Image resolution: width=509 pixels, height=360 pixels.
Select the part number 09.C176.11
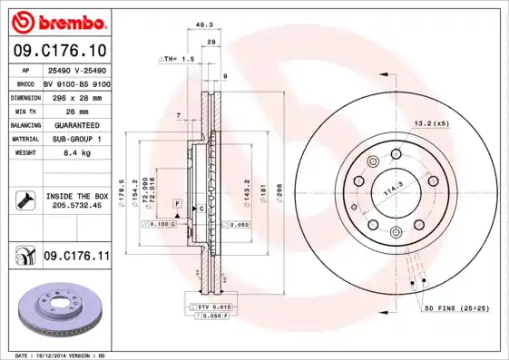[76, 257]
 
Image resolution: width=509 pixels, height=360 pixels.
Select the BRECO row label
[25, 83]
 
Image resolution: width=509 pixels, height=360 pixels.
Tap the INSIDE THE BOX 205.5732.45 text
[77, 200]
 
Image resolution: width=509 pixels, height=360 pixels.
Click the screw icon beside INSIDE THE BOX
[25, 200]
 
